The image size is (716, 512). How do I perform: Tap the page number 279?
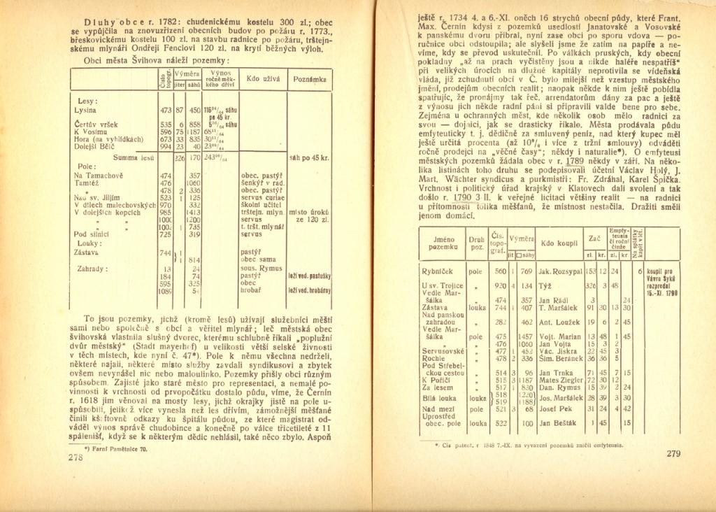[x=673, y=454]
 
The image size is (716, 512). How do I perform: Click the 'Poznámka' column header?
[x=310, y=80]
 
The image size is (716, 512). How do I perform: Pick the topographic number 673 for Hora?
[x=165, y=138]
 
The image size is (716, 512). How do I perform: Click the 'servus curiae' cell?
[x=260, y=197]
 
